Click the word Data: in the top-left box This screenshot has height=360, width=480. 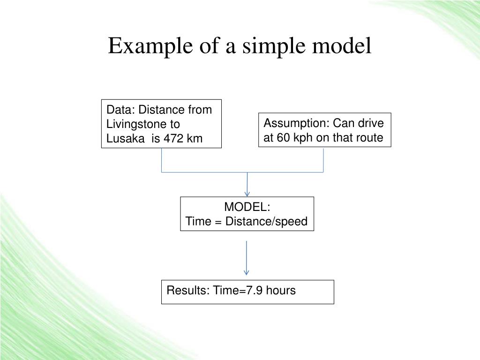[120, 110]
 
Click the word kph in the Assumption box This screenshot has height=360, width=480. [301, 138]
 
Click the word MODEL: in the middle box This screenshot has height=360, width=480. [247, 207]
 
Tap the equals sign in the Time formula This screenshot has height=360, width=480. [218, 222]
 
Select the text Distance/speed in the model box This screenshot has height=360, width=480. [266, 222]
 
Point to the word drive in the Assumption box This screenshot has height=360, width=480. [371, 123]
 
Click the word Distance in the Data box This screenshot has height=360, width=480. [161, 110]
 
